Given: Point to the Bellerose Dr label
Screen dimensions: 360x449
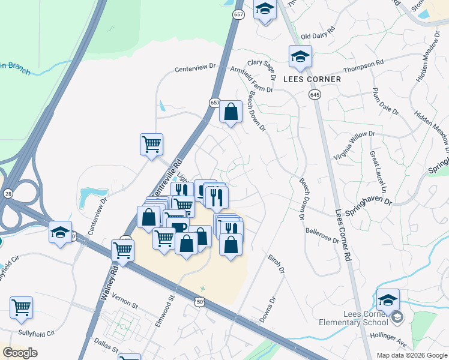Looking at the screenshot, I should coord(322,234).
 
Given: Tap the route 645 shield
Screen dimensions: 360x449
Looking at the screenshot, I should coord(314,95).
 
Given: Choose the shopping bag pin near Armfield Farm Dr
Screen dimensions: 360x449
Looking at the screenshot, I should coord(231,112).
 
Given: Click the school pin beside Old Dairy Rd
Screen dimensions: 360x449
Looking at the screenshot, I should coord(300,56).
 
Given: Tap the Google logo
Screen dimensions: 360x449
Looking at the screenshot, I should coord(20,353).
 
